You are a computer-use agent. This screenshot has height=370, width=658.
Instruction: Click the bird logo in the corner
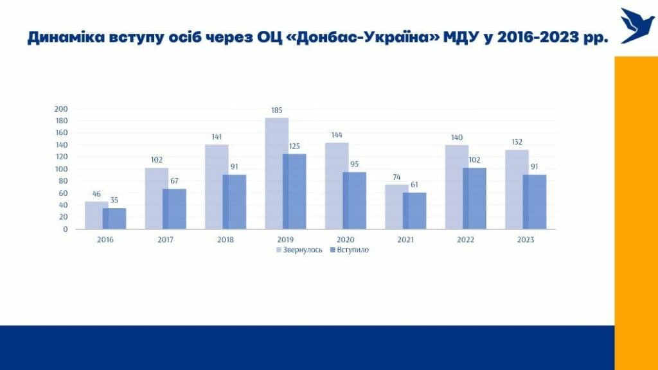pyautogui.click(x=637, y=26)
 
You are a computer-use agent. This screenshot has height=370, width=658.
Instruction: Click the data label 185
pyautogui.click(x=277, y=110)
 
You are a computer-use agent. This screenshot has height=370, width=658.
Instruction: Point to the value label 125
pyautogui.click(x=294, y=146)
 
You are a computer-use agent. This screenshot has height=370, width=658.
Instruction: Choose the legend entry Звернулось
pyautogui.click(x=299, y=250)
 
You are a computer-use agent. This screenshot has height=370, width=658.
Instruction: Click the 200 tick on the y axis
pyautogui.click(x=62, y=109)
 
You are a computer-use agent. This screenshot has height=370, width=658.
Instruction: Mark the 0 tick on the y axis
pyautogui.click(x=66, y=229)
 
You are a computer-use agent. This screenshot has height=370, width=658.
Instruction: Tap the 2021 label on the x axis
pyautogui.click(x=405, y=240)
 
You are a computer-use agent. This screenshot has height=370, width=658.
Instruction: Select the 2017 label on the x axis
pyautogui.click(x=165, y=240)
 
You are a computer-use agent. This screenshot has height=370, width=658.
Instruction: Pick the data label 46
pyautogui.click(x=97, y=194)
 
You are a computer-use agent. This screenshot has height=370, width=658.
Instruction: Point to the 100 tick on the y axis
pyautogui.click(x=62, y=169)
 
